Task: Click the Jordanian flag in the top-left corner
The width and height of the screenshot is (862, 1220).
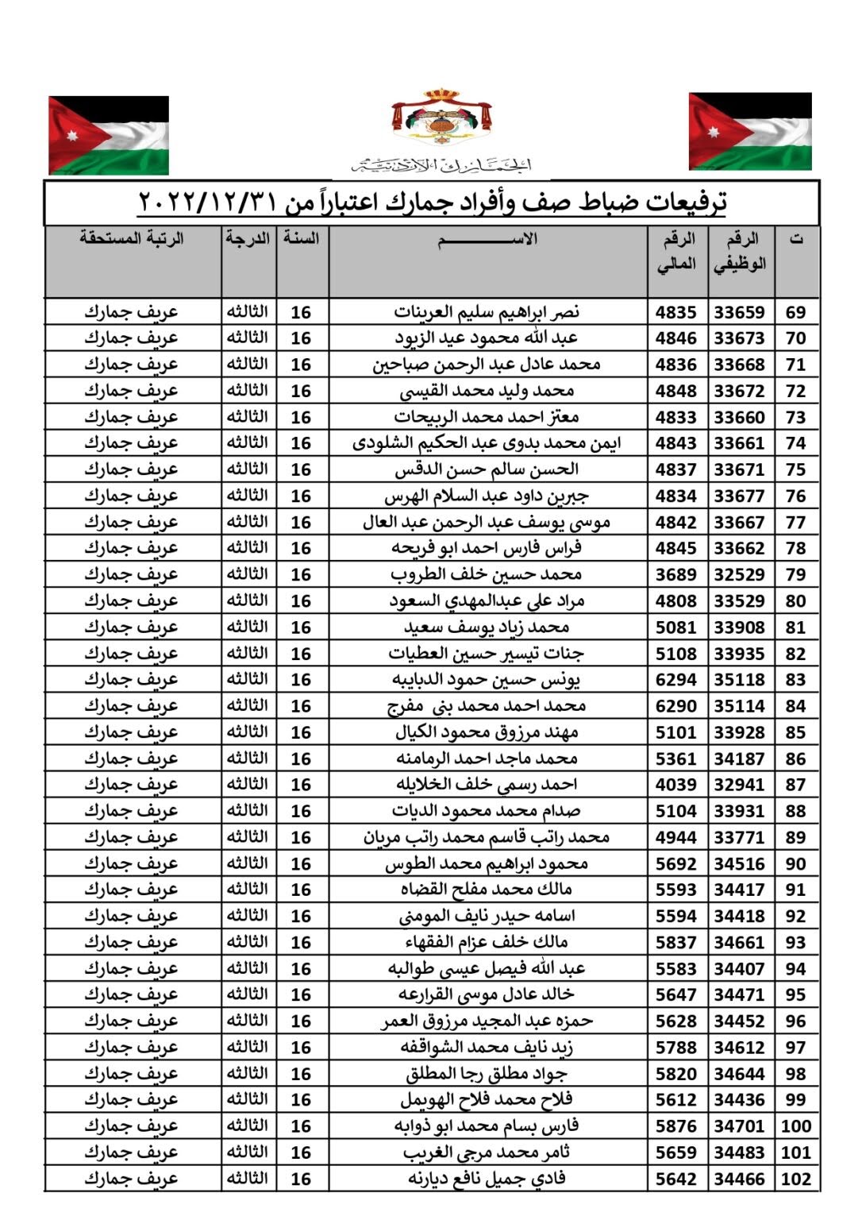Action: tap(109, 135)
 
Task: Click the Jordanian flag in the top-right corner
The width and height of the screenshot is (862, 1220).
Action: tap(749, 132)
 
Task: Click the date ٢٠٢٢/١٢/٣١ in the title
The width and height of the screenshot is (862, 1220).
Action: tap(207, 202)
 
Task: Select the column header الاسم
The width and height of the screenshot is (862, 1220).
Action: tap(487, 239)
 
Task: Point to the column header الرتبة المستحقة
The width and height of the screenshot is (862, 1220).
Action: tap(132, 238)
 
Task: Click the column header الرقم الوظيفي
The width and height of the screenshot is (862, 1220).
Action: tap(740, 251)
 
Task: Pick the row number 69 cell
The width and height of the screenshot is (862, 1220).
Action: tap(795, 312)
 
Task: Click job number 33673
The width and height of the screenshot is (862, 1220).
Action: tap(739, 338)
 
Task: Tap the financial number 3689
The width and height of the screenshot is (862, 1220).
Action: tap(675, 574)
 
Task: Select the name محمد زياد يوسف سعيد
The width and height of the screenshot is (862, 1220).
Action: tap(487, 627)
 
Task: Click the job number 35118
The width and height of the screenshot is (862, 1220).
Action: tap(739, 680)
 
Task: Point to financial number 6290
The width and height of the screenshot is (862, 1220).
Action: tap(675, 706)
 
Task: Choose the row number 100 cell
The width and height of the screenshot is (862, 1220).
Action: tap(795, 1126)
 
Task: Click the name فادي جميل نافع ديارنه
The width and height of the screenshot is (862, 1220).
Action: tap(487, 1179)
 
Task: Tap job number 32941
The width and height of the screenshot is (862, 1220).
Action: tap(739, 785)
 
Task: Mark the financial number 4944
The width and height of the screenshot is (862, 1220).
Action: tap(675, 837)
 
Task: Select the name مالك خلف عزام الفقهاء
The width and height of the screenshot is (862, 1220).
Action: tap(487, 942)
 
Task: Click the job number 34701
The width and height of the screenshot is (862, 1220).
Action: tap(739, 1126)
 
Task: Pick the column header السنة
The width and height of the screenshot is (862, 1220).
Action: tap(302, 238)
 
